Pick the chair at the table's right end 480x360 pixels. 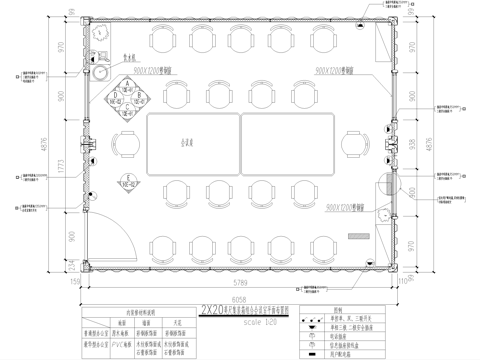pyautogui.click(x=355, y=146)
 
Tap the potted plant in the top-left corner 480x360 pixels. pyautogui.click(x=102, y=33)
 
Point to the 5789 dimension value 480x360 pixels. pyautogui.click(x=241, y=264)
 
